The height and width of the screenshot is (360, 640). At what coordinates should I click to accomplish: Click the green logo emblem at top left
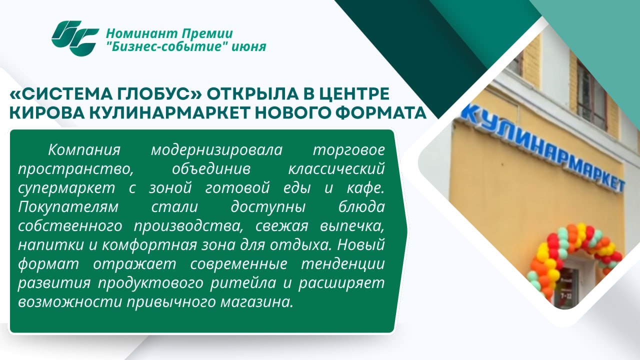(75, 38)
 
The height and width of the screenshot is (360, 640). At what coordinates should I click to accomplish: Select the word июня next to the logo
(249, 47)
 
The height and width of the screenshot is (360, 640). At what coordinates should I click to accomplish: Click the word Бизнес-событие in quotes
(166, 46)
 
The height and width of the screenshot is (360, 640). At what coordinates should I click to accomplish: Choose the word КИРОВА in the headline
(47, 112)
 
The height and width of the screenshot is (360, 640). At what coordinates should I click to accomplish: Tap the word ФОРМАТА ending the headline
(381, 112)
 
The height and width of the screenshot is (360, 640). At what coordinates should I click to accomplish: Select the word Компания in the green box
(84, 150)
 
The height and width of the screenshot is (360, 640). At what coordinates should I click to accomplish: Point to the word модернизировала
(216, 150)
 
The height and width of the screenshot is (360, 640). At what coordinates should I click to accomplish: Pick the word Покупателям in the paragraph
(68, 207)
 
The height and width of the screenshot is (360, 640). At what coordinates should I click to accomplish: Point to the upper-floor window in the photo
(591, 94)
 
